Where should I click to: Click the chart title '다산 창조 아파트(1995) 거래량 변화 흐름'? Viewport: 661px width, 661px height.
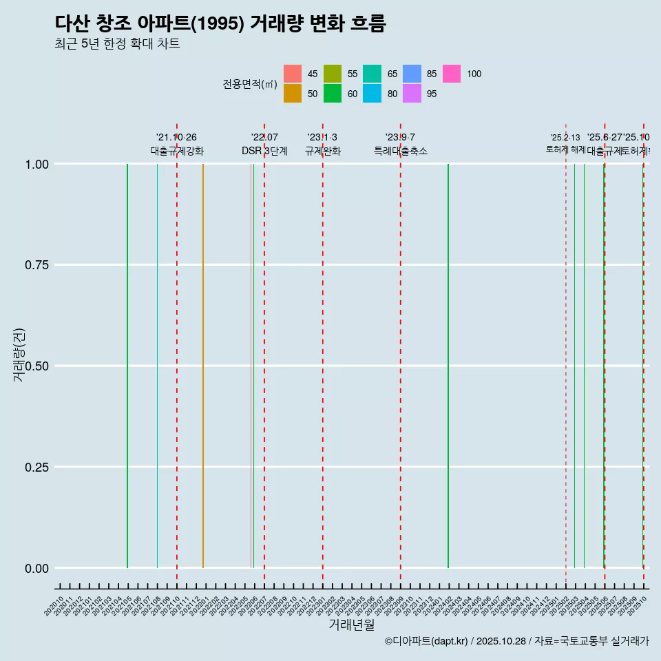pos(220,23)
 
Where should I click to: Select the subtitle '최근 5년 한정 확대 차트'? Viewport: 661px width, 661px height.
pos(117,44)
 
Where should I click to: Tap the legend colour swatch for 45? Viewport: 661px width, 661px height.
pos(293,74)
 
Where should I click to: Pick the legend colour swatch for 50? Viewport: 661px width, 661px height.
pos(293,94)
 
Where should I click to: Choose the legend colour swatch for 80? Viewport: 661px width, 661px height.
pos(372,94)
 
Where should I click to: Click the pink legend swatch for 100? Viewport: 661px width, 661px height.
pos(452,74)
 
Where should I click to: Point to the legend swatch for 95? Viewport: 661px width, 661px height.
pos(412,94)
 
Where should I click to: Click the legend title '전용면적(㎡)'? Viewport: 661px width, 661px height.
pos(249,84)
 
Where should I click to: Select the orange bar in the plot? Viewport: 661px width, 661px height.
pos(203,365)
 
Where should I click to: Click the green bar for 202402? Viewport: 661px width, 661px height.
pos(448,365)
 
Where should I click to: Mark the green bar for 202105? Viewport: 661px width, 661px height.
pos(127,365)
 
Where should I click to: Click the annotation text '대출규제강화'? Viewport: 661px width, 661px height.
pos(177,151)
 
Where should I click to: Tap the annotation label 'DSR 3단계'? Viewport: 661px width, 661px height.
pos(264,151)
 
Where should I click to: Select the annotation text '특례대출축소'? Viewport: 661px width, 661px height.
pos(401,151)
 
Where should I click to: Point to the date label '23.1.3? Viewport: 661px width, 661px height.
pos(322,137)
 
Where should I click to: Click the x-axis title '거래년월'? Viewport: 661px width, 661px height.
pos(351,625)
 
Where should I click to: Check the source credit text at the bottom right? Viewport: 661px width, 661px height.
pos(516,641)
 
